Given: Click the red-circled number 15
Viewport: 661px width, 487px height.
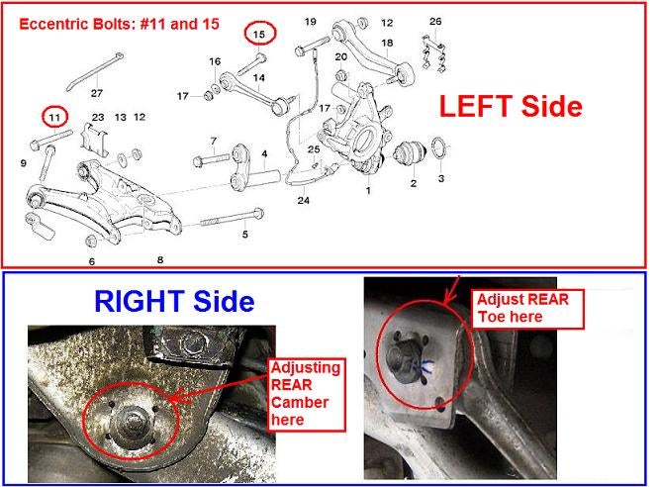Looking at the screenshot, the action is click(259, 34).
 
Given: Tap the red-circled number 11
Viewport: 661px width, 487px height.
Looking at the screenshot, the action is click(54, 117).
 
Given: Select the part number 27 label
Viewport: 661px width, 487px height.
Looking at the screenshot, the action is click(97, 93).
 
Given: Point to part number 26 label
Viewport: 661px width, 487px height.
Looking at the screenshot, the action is click(435, 21).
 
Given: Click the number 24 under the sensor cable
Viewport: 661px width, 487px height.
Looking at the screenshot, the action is click(304, 200).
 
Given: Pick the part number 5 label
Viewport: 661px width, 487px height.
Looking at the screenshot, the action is click(245, 234).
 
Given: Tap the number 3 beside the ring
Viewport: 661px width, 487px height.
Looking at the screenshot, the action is click(441, 178).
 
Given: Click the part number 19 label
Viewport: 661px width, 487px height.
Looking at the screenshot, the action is click(311, 21).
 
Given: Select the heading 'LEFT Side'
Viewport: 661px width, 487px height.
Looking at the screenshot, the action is click(511, 106).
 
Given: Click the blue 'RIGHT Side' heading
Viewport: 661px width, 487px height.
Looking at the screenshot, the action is click(174, 301).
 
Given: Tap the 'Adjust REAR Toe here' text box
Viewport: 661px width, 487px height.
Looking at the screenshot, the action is click(527, 309).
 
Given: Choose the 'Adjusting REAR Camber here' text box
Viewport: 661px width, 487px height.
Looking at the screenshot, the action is click(307, 394).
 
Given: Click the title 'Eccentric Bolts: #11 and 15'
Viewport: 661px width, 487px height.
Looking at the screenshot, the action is click(120, 24).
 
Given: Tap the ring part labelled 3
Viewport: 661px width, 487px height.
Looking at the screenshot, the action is click(438, 148).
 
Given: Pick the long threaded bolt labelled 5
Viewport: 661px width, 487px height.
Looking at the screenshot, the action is click(233, 218).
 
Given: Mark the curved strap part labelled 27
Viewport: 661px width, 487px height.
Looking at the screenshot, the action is click(94, 71).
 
